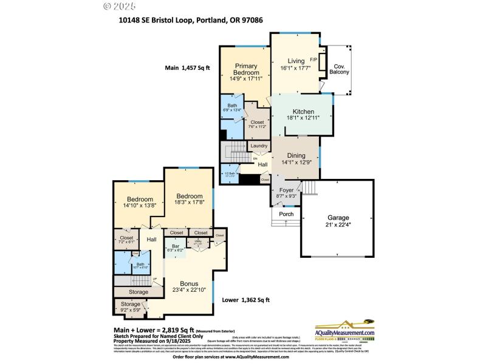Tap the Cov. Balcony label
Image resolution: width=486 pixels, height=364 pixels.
(x=338, y=69)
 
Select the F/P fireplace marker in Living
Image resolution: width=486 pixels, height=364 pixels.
(x=314, y=59)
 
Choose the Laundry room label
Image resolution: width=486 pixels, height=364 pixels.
(x=259, y=146)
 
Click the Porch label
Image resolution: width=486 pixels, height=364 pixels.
(x=286, y=214)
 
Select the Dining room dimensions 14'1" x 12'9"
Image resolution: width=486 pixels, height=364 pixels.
(x=296, y=162)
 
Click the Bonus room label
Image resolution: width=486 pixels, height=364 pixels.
(x=190, y=283)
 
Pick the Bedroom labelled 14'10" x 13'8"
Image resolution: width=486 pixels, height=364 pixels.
(x=140, y=200)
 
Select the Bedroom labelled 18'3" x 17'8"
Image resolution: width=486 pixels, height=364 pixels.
(x=190, y=196)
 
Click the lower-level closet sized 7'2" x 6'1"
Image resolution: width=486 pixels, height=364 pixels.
(x=126, y=238)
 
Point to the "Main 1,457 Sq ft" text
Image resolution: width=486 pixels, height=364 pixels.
(x=187, y=68)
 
